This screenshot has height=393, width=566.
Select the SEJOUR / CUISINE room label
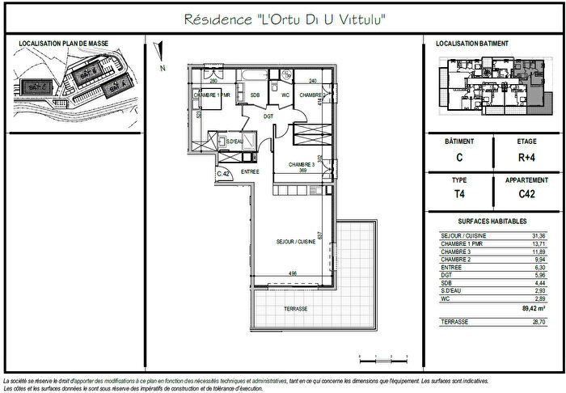click(295, 241)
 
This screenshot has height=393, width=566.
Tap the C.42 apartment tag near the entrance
click(224, 174)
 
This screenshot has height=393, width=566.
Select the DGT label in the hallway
click(268, 116)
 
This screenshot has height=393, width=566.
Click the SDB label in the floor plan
click(255, 95)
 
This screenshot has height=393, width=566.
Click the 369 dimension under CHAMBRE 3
click(302, 171)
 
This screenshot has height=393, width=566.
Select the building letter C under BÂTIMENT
click(459, 159)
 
